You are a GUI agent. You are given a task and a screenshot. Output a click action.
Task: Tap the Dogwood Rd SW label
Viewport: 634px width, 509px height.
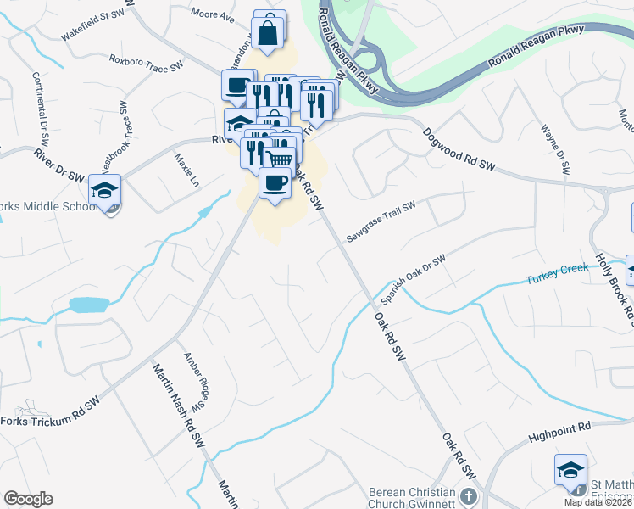[459, 148]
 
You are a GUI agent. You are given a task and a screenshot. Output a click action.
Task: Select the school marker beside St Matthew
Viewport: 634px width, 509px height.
[570, 470]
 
